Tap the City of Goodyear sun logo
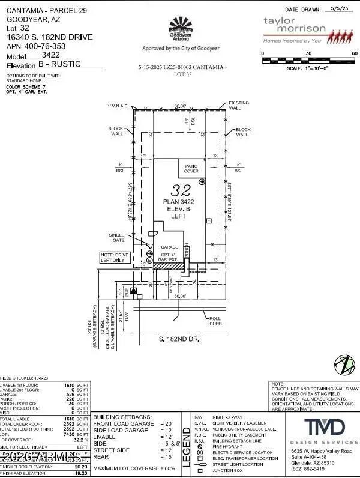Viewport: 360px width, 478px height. [x=179, y=27]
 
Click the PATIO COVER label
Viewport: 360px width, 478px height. [x=191, y=168]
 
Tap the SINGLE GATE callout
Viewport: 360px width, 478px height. [x=116, y=237]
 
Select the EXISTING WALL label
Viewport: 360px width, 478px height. [x=238, y=106]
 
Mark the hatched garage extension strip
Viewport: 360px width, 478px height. [x=172, y=265]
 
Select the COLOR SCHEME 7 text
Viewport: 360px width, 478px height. [x=26, y=86]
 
